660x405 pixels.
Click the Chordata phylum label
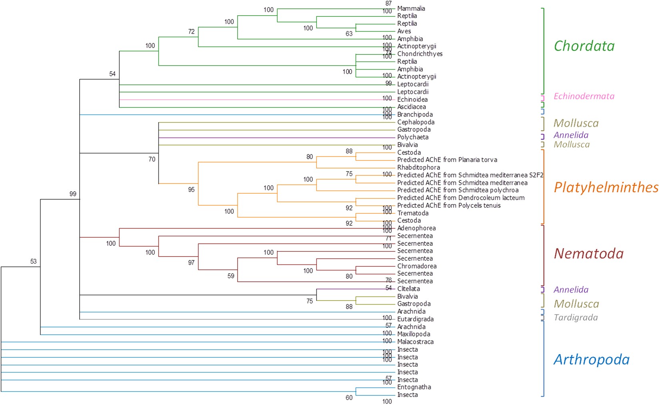(x=584, y=46)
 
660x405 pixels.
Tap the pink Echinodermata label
(x=584, y=96)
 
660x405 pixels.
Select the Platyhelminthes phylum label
(x=606, y=187)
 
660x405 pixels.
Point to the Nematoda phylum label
(x=588, y=253)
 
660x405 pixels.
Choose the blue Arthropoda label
(x=591, y=359)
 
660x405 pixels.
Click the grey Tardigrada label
(x=576, y=317)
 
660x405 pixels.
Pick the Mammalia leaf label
(x=411, y=8)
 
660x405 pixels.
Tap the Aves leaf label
(x=404, y=31)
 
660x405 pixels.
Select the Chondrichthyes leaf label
(x=420, y=54)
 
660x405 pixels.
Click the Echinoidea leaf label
(x=412, y=100)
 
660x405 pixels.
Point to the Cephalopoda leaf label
(x=416, y=122)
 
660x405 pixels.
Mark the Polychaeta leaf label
(x=413, y=137)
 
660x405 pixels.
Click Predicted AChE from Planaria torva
(x=447, y=160)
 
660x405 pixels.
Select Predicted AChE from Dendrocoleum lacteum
(x=461, y=198)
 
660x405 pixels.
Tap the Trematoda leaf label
(x=413, y=213)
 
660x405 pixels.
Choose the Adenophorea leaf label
(x=416, y=228)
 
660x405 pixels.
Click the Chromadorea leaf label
(x=416, y=266)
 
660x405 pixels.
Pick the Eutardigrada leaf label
(x=415, y=319)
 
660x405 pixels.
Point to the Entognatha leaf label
(x=414, y=387)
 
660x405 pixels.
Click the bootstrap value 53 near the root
(x=33, y=261)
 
